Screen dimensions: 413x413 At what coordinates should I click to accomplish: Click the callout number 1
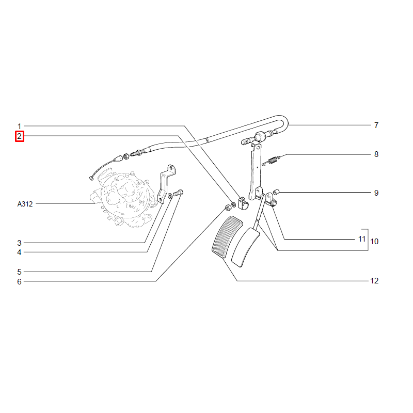[x=19, y=126]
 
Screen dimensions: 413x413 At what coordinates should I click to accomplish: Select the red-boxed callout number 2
[x=20, y=136]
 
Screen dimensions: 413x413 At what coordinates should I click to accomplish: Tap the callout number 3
[x=19, y=243]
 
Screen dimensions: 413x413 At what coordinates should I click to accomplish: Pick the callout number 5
[x=19, y=272]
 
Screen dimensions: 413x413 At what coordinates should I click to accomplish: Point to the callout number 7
[x=376, y=125]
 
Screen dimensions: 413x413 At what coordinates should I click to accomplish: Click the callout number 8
[x=376, y=154]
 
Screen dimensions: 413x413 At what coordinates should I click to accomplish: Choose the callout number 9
[x=376, y=193]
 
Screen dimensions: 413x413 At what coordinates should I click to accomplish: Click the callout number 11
[x=362, y=239]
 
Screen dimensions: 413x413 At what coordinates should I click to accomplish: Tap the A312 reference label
[x=25, y=204]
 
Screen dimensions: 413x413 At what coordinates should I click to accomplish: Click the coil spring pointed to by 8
[x=272, y=161]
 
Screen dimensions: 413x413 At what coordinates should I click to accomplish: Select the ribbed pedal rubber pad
[x=227, y=236]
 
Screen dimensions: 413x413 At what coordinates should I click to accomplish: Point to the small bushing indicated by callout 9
[x=276, y=192]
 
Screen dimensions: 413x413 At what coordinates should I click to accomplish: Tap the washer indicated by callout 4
[x=170, y=196]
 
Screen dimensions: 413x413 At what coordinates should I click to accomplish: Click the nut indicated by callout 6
[x=228, y=208]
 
